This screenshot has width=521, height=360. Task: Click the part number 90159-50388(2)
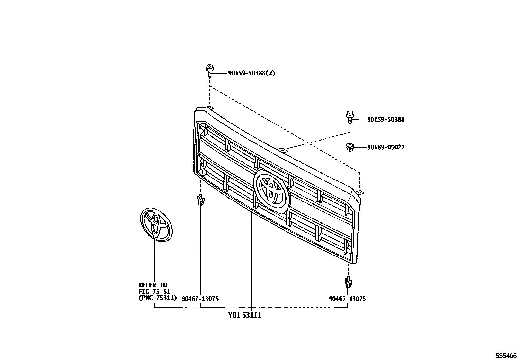tap(251, 73)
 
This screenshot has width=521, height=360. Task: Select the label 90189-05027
tap(386, 147)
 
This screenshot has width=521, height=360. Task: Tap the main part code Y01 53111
tap(245, 315)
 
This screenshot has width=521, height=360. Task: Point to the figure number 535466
tap(506, 356)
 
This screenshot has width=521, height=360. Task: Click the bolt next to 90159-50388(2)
tap(209, 70)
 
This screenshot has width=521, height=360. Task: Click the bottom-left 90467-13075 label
tap(200, 299)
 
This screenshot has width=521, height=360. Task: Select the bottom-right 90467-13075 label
tap(348, 299)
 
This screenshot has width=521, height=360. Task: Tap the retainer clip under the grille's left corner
tap(200, 199)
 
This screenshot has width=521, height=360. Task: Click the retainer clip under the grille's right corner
tap(348, 282)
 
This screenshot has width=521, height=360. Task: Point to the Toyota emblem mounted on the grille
tap(272, 190)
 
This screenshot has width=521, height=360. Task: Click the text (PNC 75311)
tap(158, 298)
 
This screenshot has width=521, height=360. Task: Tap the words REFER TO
tap(153, 285)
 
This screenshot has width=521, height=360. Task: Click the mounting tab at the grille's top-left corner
tap(210, 108)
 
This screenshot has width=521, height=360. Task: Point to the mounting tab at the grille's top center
tap(282, 150)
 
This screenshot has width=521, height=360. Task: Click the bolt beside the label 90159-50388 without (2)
tap(350, 117)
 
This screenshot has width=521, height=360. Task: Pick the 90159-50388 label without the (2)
tap(386, 120)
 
